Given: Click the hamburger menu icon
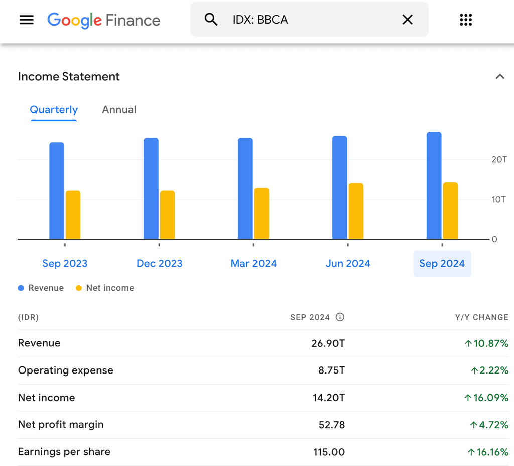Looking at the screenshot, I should click(x=27, y=20).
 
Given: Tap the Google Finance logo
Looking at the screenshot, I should click(x=104, y=20).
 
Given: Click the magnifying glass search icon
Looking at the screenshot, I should click(x=211, y=20).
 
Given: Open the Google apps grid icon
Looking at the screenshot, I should click(x=466, y=20).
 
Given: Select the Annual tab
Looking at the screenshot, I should click(x=119, y=110).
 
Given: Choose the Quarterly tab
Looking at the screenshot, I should click(x=54, y=110).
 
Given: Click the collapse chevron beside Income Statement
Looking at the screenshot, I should click(x=499, y=77).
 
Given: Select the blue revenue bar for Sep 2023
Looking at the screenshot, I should click(x=57, y=191).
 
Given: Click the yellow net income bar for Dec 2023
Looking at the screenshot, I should click(x=167, y=215).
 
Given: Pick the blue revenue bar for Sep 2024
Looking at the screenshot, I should click(x=434, y=185).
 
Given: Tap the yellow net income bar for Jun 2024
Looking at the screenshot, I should click(x=356, y=211).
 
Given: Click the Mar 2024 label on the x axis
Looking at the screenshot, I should click(x=253, y=264).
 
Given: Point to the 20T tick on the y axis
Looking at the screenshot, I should click(x=499, y=160).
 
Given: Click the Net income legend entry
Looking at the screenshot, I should click(x=105, y=288).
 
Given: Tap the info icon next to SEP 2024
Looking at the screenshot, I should click(x=340, y=317).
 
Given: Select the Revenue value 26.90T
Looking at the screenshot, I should click(x=328, y=344).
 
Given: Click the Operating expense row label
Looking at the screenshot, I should click(x=66, y=370).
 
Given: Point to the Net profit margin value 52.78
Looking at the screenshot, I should click(x=332, y=425).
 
